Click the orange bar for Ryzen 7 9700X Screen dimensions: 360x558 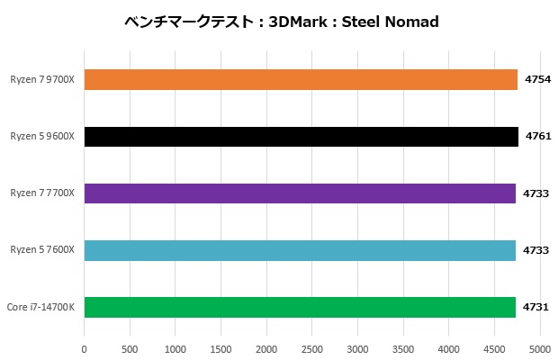(301, 80)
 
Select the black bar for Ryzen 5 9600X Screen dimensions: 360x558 (301, 136)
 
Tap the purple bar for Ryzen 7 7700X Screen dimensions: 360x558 (300, 193)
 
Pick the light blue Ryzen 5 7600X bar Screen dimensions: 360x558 (300, 250)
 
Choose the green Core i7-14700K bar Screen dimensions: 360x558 (300, 307)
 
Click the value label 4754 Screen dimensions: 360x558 (537, 80)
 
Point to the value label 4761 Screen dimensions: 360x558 (537, 136)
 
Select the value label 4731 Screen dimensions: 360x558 (537, 307)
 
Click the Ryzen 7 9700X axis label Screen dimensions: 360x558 (42, 80)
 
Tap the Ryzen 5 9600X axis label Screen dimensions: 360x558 (42, 136)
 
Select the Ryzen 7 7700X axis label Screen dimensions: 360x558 (42, 193)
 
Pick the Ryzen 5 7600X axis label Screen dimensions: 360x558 (42, 250)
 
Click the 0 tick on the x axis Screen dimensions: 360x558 (84, 348)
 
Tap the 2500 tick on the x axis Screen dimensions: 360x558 (312, 348)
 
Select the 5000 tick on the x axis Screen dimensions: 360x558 (540, 348)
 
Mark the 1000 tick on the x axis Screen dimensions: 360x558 (175, 348)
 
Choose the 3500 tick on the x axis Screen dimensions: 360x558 (403, 348)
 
